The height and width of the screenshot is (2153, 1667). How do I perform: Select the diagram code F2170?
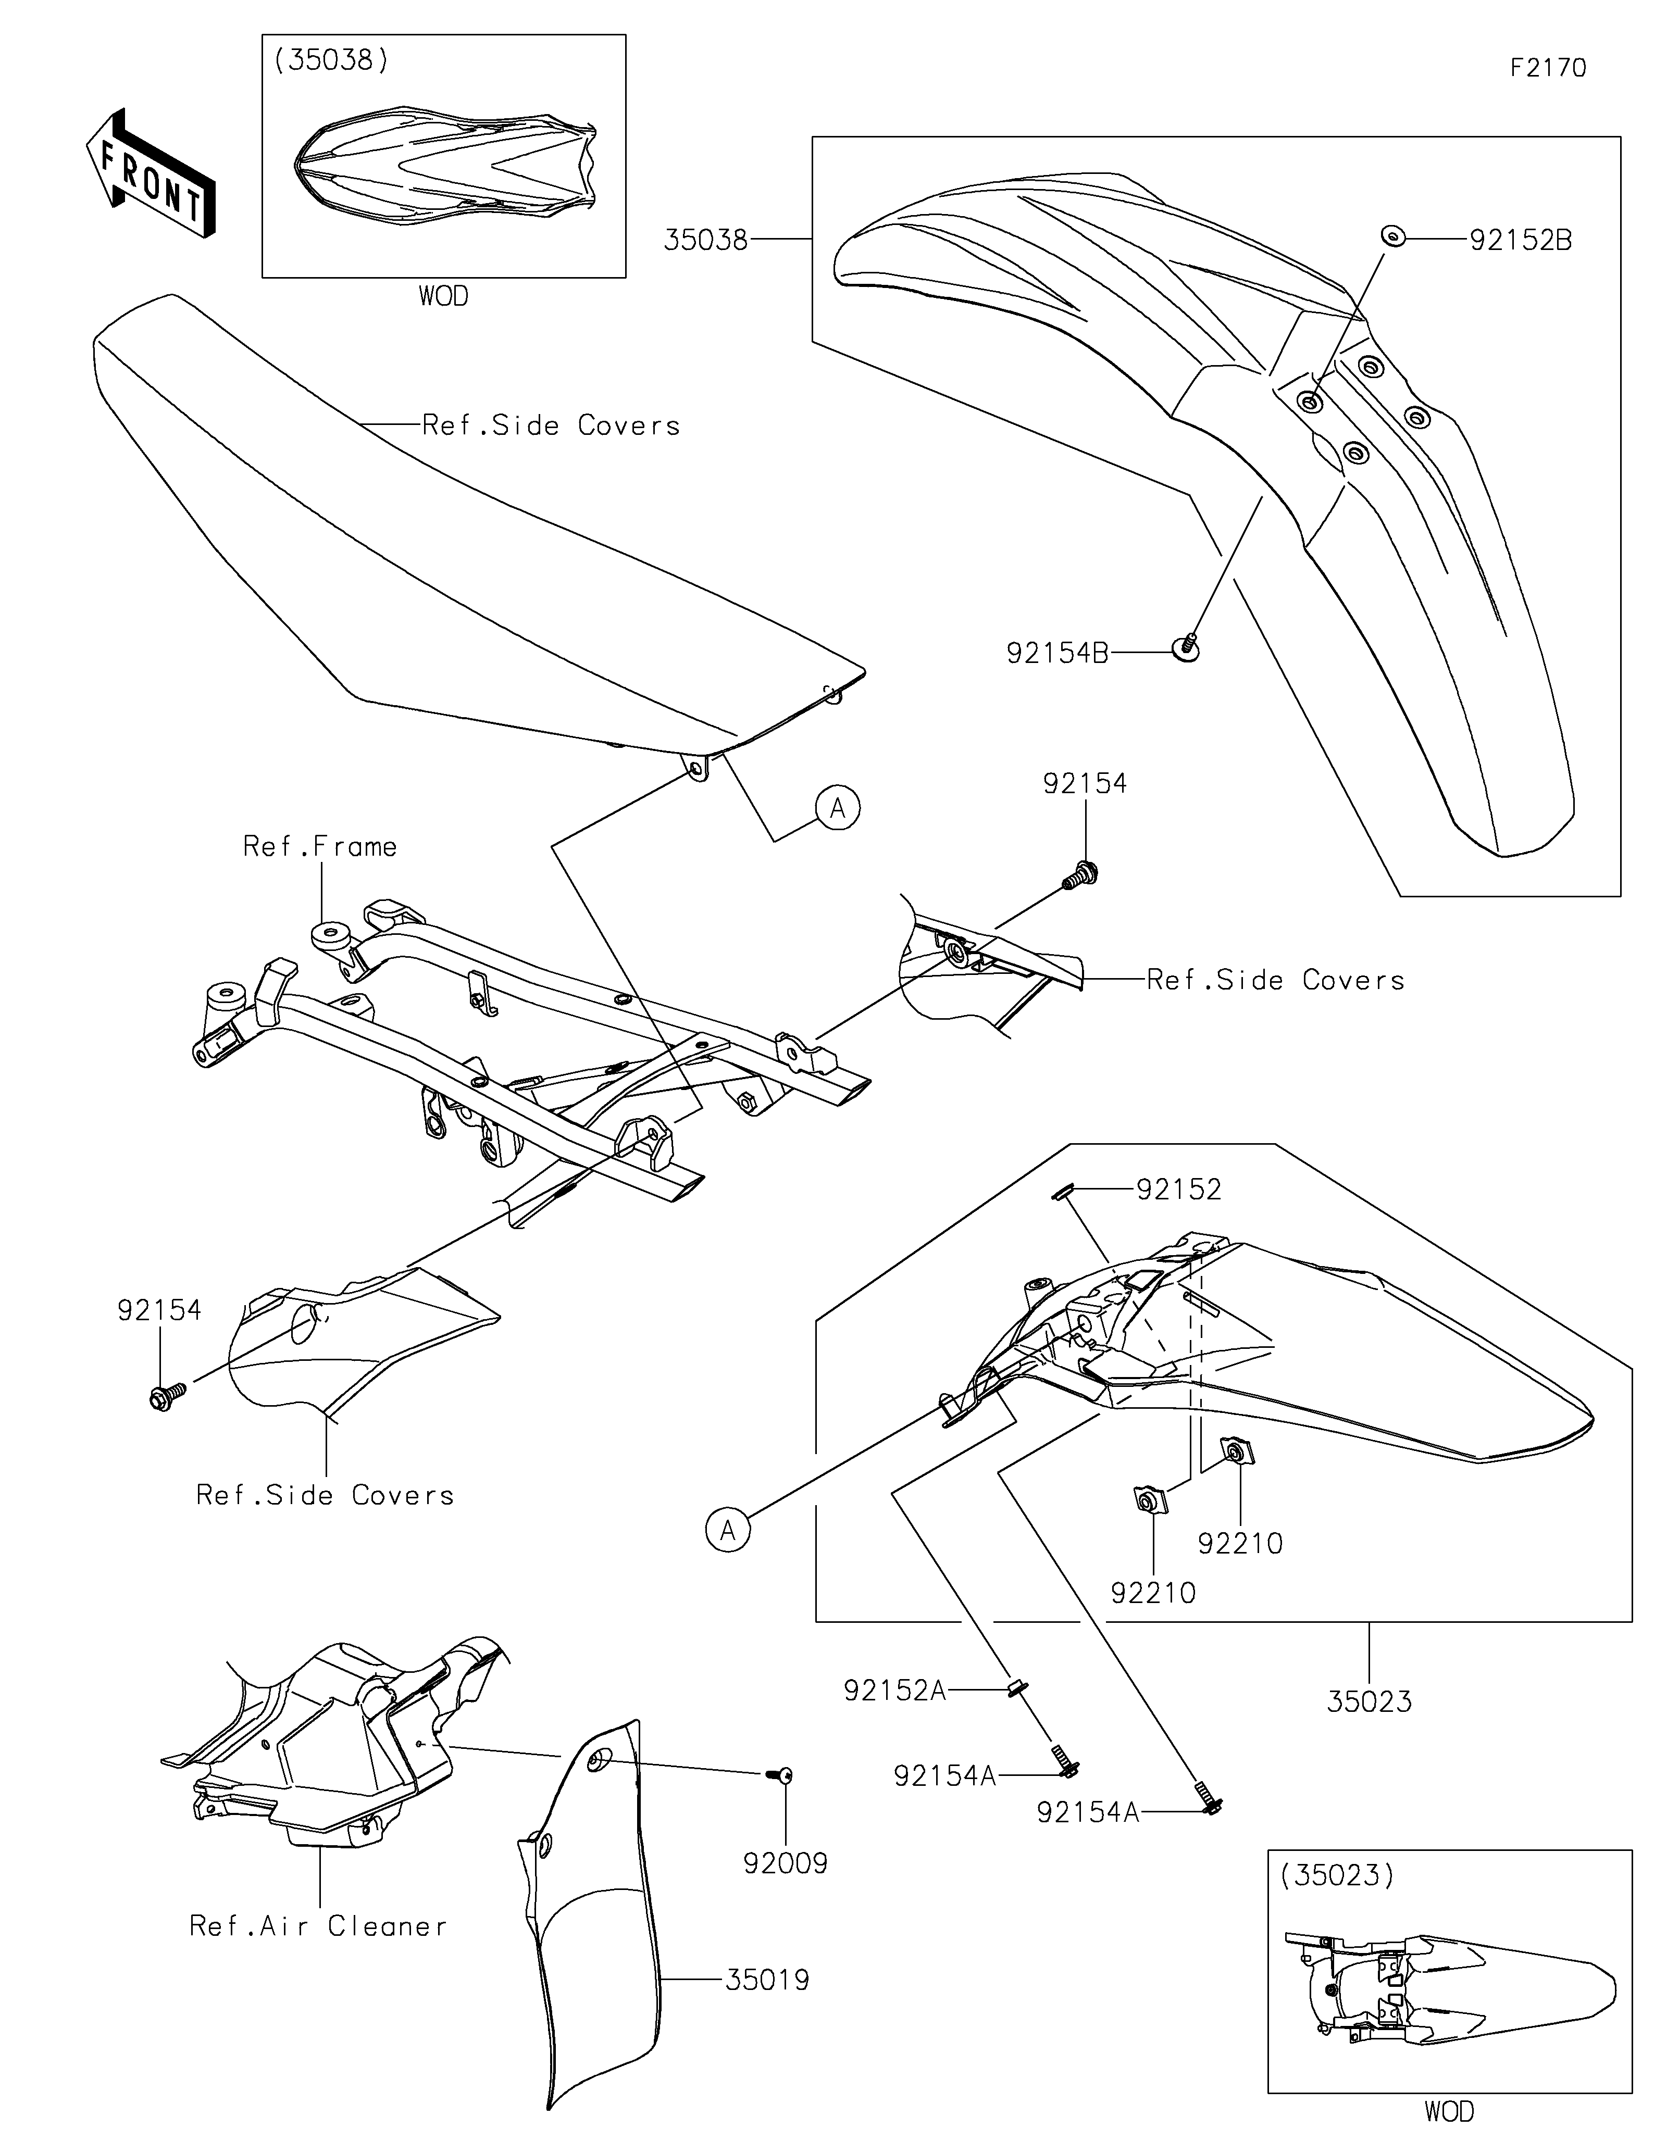[1548, 68]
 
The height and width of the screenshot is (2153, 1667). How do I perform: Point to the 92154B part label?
[1057, 653]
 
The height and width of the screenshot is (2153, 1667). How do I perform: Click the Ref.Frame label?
[320, 847]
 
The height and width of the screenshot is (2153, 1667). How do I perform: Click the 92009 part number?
[786, 1863]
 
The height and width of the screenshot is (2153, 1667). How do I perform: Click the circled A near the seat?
[838, 808]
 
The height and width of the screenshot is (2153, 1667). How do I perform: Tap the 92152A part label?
[894, 1691]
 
